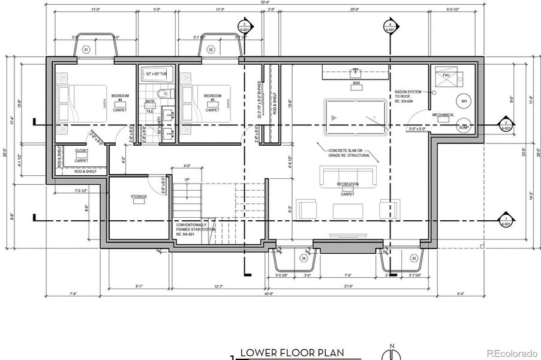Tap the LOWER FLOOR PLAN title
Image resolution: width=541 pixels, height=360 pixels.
click(292, 353)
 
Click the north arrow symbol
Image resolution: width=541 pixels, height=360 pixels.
click(392, 353)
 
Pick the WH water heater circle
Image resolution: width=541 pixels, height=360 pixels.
click(462, 101)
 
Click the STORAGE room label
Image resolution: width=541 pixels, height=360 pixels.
click(139, 197)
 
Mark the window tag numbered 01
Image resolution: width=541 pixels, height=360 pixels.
click(86, 49)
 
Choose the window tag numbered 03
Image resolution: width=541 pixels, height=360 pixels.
click(413, 258)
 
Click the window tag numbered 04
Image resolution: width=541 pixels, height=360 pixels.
click(303, 258)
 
